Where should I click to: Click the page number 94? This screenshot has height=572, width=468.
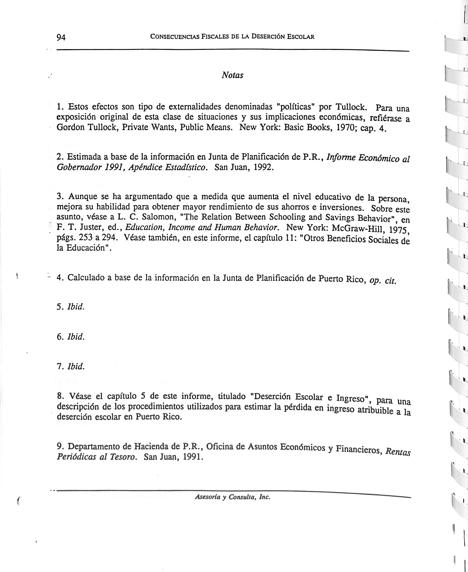(x=61, y=37)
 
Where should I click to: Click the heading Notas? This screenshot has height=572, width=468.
(x=232, y=75)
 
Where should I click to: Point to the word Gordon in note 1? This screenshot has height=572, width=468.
(x=70, y=127)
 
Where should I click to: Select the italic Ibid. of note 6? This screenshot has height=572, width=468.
(x=76, y=337)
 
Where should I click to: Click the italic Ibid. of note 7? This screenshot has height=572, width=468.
(x=76, y=366)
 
